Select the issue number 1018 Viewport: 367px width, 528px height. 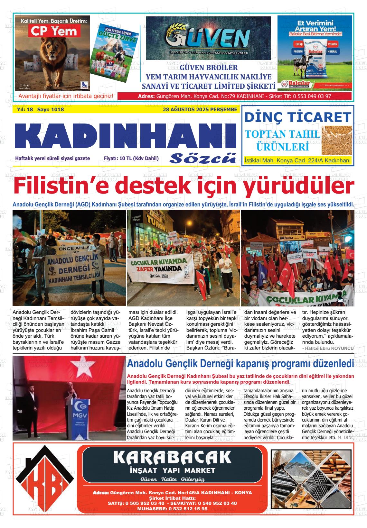(57, 110)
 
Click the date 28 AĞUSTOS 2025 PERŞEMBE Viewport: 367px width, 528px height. (200, 110)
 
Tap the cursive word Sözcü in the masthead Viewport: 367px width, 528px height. (203, 158)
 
